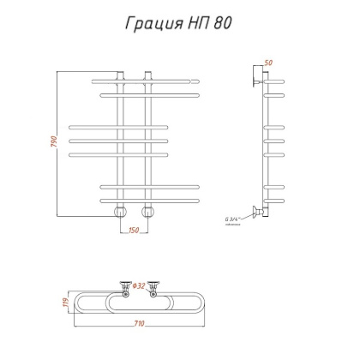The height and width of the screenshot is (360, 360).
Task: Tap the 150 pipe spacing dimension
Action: pyautogui.click(x=134, y=229)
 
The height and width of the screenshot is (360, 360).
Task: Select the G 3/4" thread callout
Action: pyautogui.click(x=232, y=220)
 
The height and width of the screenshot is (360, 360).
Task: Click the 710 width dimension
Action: pyautogui.click(x=138, y=324)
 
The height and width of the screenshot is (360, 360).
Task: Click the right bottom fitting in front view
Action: pyautogui.click(x=148, y=210)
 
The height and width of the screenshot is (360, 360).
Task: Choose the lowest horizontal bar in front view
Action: pyautogui.click(x=151, y=199)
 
